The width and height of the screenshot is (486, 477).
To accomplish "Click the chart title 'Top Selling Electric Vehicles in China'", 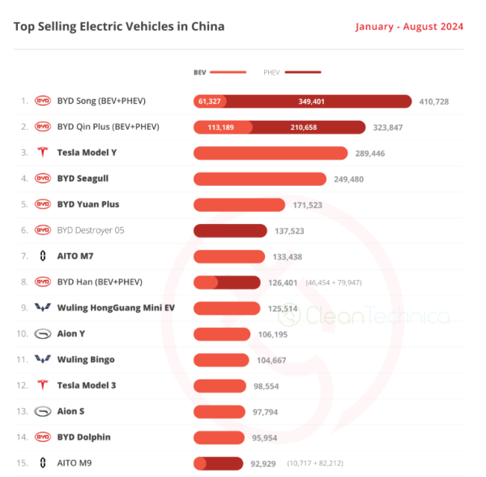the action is point(119,27).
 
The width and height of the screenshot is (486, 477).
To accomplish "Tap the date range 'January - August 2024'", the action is point(409,27).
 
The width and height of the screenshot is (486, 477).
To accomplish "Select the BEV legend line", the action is point(228,72).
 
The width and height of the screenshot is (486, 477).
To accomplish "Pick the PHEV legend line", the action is point(303,72).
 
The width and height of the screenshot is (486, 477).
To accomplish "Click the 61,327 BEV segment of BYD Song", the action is point(210,101).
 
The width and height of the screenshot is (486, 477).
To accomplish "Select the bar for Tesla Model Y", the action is point(271,153).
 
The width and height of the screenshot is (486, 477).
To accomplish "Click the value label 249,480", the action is point(348,179).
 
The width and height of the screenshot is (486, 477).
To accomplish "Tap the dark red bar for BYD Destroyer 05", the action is point(230,230).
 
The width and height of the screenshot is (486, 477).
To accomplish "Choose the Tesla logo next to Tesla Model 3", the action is point(43,385).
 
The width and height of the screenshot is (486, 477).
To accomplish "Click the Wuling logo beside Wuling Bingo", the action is point(43,359).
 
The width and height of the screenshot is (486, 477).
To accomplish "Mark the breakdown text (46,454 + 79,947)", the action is point(334,282).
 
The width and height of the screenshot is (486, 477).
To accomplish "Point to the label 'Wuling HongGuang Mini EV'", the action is point(116,308).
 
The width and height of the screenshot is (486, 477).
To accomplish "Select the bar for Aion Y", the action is point(222,334).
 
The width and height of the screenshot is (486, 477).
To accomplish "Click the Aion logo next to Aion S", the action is point(43,411).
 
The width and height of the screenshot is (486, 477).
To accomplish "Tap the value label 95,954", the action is point(264,438).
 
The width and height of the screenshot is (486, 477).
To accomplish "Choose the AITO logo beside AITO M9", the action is point(43,462).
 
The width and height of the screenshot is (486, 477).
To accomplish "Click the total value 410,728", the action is point(434,101).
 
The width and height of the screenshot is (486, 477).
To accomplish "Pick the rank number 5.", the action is point(24,204).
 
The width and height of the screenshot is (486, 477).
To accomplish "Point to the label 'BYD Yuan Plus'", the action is point(88,204).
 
